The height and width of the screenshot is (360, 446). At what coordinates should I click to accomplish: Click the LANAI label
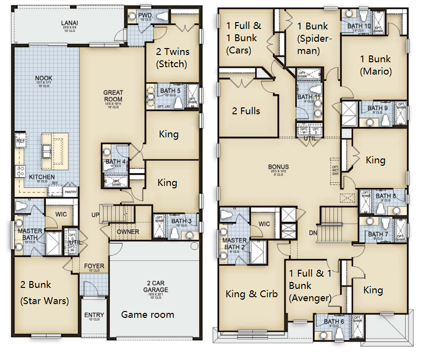pyautogui.click(x=69, y=23)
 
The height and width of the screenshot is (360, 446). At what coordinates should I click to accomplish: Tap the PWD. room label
pyautogui.click(x=146, y=16)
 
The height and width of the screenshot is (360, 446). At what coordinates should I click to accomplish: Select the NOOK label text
pyautogui.click(x=44, y=78)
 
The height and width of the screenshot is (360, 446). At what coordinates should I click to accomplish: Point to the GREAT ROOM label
pyautogui.click(x=113, y=96)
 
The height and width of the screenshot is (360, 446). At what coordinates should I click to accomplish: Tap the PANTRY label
pyautogui.click(x=71, y=192)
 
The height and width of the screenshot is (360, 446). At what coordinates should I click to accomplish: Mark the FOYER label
pyautogui.click(x=94, y=267)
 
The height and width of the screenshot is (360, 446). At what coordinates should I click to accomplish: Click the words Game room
pyautogui.click(x=148, y=314)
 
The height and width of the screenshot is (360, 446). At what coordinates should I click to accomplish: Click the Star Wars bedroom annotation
pyautogui.click(x=44, y=301)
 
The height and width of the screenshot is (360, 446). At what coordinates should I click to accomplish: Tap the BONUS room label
pyautogui.click(x=278, y=167)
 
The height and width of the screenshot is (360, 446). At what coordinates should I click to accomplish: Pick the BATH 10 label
pyautogui.click(x=359, y=26)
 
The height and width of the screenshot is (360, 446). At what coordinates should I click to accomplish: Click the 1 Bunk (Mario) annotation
pyautogui.click(x=376, y=65)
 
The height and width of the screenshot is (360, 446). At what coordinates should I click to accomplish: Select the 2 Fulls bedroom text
pyautogui.click(x=246, y=111)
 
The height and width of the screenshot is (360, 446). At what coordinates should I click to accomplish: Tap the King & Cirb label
pyautogui.click(x=251, y=294)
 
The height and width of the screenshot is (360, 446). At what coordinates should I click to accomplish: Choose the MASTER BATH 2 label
pyautogui.click(x=235, y=243)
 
